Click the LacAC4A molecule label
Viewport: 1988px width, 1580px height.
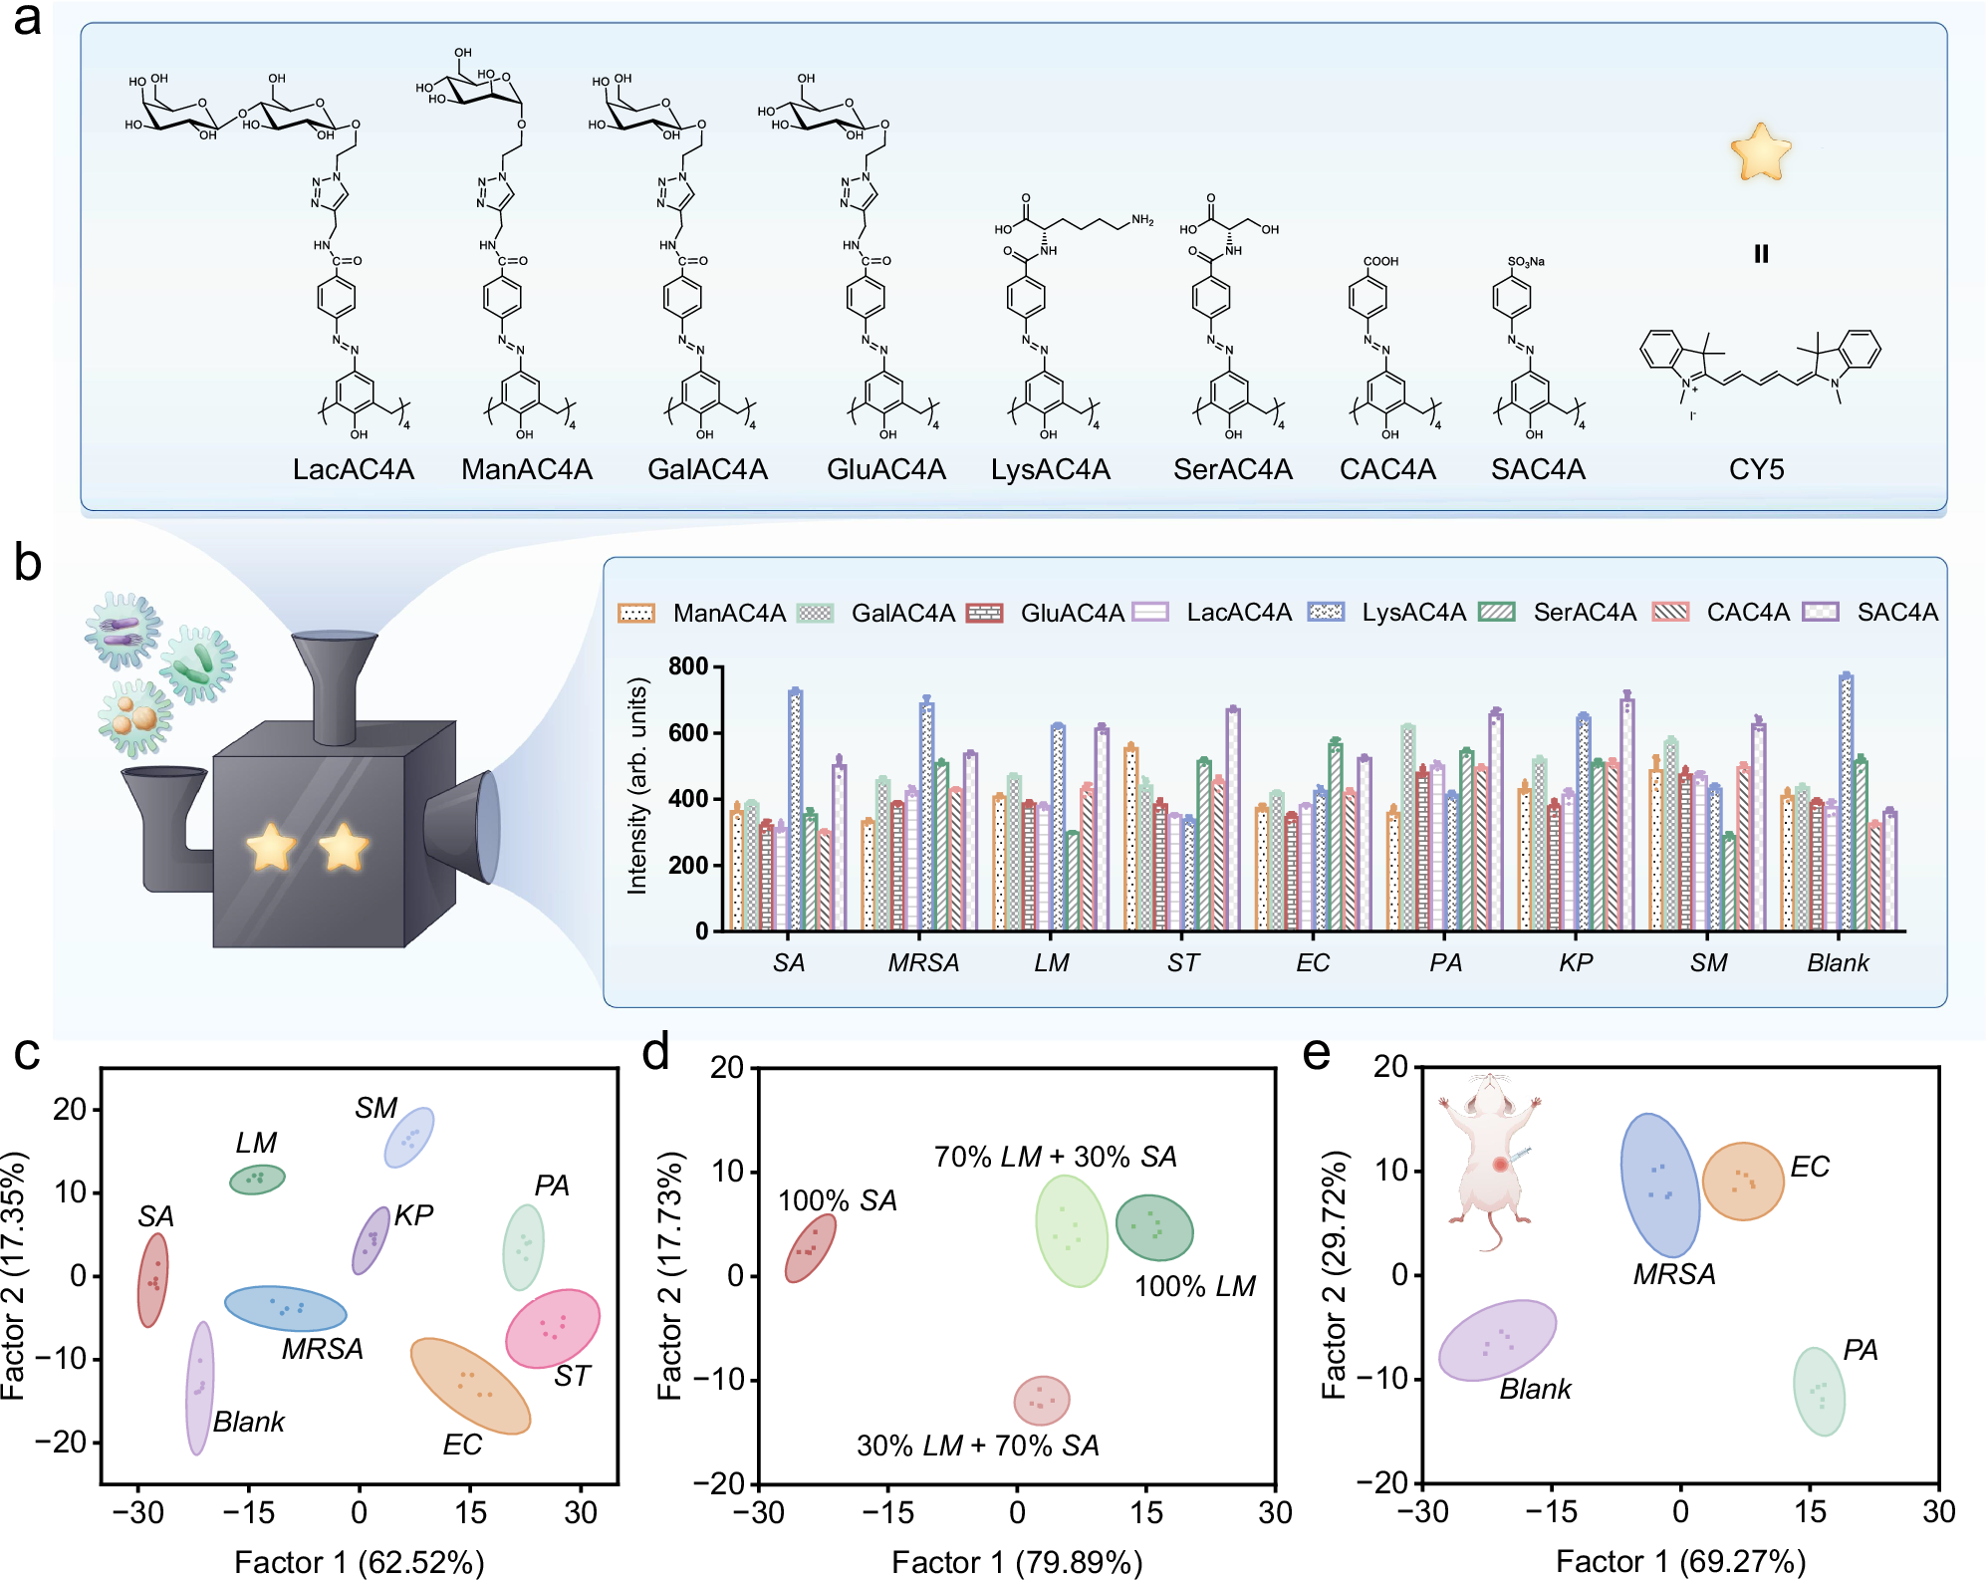[353, 469]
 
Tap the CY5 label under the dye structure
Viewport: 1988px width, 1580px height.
[1756, 469]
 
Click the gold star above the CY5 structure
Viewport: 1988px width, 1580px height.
[1761, 152]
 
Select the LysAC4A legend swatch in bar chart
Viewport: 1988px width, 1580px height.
[1326, 612]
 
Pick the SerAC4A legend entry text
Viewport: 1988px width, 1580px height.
[1584, 612]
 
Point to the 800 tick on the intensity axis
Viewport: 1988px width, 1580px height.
[688, 665]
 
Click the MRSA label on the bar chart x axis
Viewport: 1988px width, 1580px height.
[923, 962]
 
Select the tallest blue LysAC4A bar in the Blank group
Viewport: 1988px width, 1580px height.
[1846, 802]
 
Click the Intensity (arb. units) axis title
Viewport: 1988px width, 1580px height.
[637, 786]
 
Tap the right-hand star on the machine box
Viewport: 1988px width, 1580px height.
[344, 847]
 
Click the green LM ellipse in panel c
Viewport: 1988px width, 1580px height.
[257, 1180]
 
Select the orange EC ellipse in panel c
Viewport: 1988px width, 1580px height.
[470, 1386]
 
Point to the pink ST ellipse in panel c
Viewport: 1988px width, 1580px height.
[553, 1329]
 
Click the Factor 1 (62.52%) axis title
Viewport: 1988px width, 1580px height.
[359, 1561]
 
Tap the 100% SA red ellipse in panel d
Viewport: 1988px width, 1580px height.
[810, 1247]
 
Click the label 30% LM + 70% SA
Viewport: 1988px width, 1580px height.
[977, 1446]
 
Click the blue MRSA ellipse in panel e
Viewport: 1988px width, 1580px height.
[1659, 1185]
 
